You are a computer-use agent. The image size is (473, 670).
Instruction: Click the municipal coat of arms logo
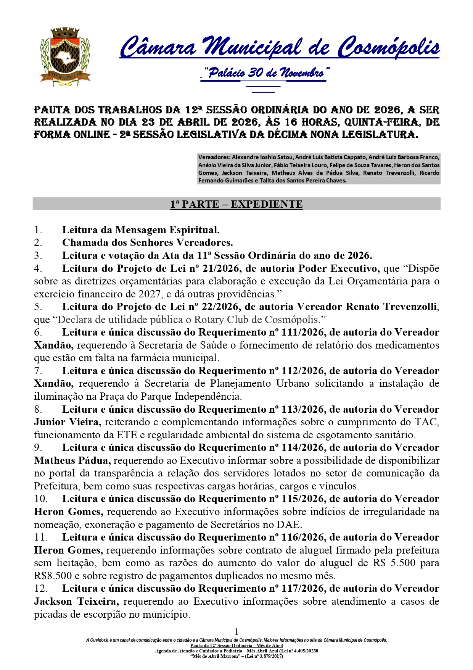[x=65, y=57]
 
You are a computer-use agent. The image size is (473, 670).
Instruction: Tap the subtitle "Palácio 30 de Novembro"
[x=264, y=73]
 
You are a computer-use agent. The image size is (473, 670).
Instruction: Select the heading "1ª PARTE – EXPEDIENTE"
[x=236, y=204]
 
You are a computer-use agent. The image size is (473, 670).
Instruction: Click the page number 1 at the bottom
[x=236, y=631]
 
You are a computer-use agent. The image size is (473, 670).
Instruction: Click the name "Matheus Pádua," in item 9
[x=72, y=460]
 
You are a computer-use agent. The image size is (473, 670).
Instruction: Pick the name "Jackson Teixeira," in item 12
[x=76, y=601]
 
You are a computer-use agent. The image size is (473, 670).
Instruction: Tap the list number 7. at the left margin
[x=38, y=371]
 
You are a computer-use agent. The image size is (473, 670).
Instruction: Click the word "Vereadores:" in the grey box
[x=214, y=157]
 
